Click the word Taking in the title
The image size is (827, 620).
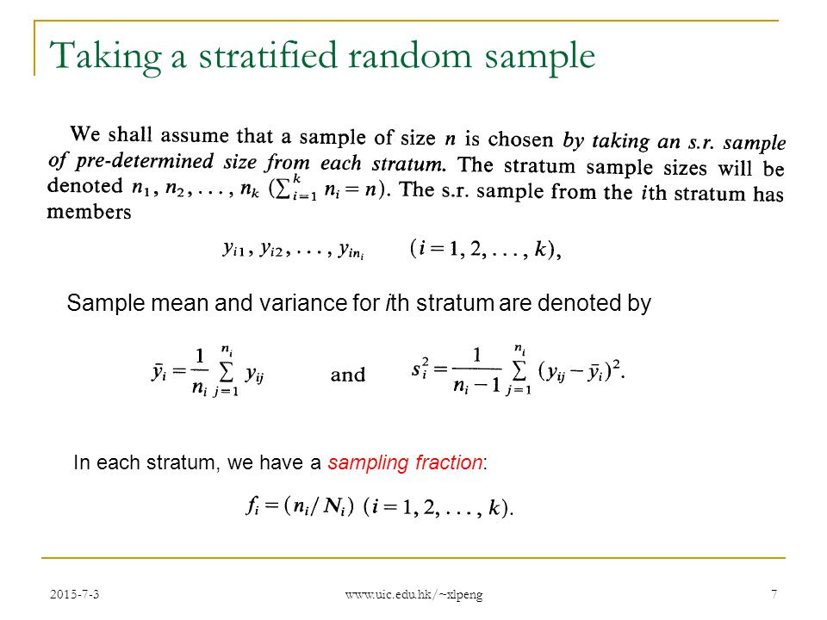coord(105,58)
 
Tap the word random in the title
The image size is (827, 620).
coord(410,56)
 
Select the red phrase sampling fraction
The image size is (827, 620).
coord(405,463)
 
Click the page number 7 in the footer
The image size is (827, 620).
coord(774,594)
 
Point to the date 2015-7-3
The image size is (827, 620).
coord(74,594)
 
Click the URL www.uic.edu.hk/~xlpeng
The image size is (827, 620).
coord(414,595)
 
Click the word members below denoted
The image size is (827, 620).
coord(89,212)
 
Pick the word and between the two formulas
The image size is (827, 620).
coord(347,375)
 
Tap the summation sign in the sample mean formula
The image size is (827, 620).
coord(226,372)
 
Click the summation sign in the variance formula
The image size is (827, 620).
coord(519,371)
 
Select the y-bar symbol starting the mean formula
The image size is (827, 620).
coord(159,373)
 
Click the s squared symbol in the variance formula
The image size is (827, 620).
coord(420,369)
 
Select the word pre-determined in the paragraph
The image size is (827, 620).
coord(145,161)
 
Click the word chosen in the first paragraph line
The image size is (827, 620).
coord(520,139)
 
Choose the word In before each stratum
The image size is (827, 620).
coord(81,462)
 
